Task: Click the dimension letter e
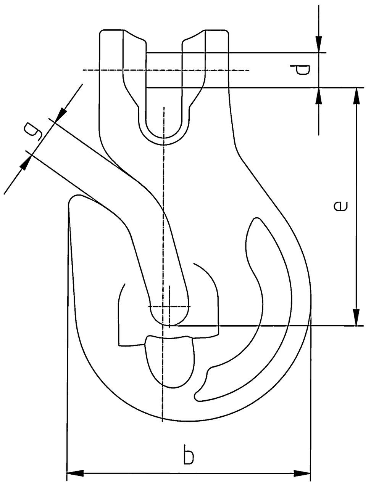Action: [x=340, y=206]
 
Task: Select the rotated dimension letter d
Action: [x=300, y=70]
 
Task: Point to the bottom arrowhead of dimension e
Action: [x=357, y=318]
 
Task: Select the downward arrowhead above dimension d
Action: [x=319, y=45]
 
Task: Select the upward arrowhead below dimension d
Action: [x=319, y=96]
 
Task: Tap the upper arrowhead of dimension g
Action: [x=61, y=115]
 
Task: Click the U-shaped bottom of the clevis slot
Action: [x=164, y=136]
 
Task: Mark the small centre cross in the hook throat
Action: [x=169, y=307]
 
